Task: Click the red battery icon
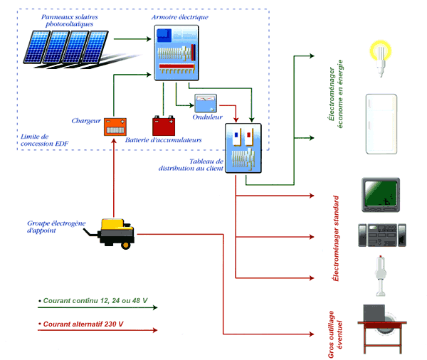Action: pyautogui.click(x=164, y=126)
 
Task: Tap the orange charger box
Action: pyautogui.click(x=115, y=127)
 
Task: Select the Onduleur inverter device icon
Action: pyautogui.click(x=206, y=103)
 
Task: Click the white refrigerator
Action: pyautogui.click(x=381, y=124)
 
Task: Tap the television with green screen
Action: pyautogui.click(x=381, y=195)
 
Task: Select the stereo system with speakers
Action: pyautogui.click(x=381, y=235)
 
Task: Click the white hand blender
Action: pyautogui.click(x=381, y=276)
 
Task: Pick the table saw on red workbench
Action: pyautogui.click(x=382, y=329)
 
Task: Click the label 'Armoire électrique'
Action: pyautogui.click(x=180, y=17)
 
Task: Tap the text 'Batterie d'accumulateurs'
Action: pyautogui.click(x=164, y=140)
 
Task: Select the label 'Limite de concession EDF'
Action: pyautogui.click(x=44, y=140)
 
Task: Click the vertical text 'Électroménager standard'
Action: pyautogui.click(x=336, y=238)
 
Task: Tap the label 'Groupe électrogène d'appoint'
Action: pyautogui.click(x=56, y=227)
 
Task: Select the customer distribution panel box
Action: pyautogui.click(x=243, y=148)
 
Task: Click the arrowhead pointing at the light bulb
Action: pyautogui.click(x=312, y=55)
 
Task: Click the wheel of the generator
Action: pyautogui.click(x=125, y=245)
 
